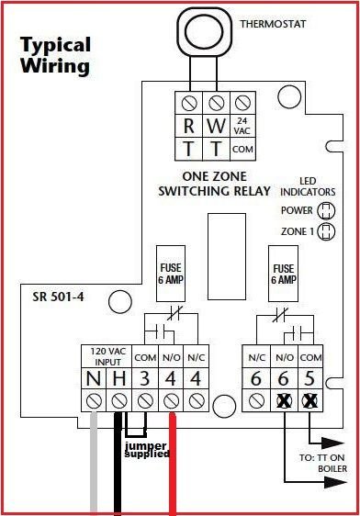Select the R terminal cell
click(189, 125)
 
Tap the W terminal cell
click(215, 125)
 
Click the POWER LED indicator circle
click(325, 209)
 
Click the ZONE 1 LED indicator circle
click(325, 231)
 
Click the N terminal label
click(93, 377)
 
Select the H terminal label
click(118, 377)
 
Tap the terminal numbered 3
click(144, 377)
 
